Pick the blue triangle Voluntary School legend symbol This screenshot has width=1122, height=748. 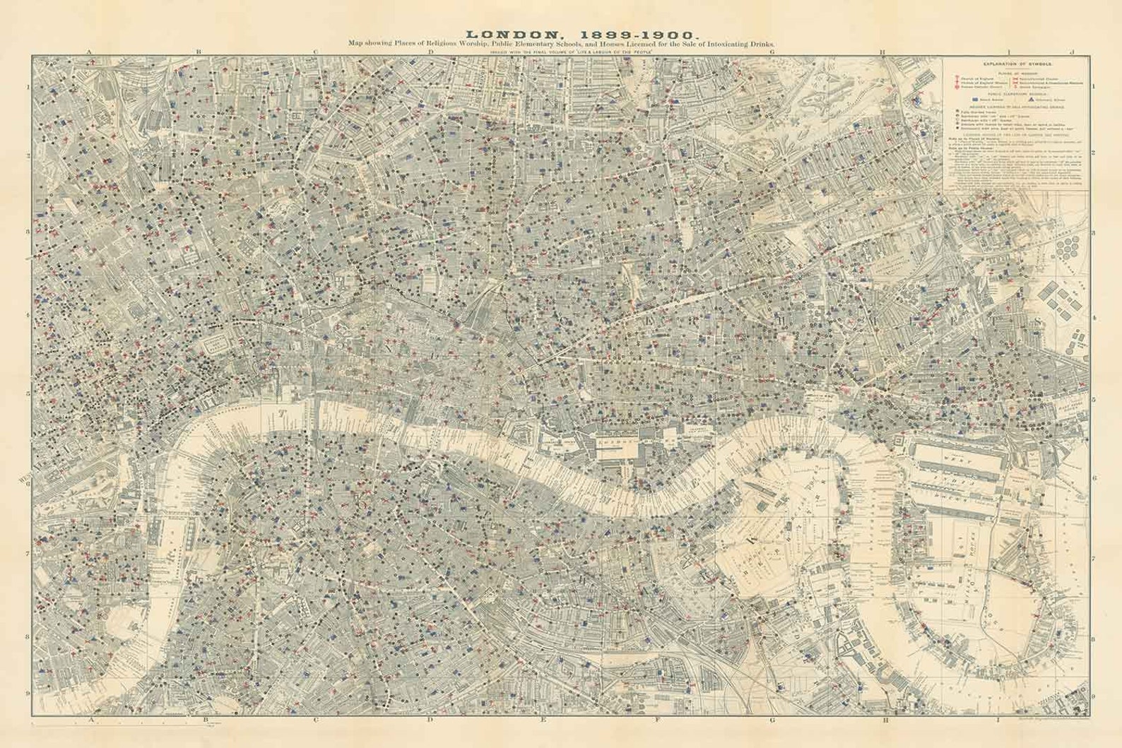coord(1023,101)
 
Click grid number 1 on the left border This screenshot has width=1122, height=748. coord(28,88)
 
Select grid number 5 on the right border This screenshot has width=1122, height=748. coord(1094,399)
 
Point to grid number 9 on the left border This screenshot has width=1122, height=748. coord(28,699)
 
